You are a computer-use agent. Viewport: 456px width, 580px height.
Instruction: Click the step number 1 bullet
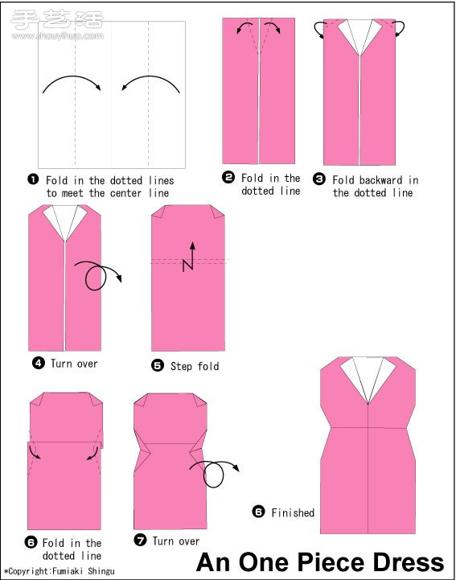[x=33, y=179]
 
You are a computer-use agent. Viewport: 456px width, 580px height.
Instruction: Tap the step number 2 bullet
[x=228, y=177]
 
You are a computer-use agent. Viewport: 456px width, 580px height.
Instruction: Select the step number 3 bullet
[x=318, y=179]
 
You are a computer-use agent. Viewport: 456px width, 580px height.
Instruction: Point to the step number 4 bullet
[x=39, y=364]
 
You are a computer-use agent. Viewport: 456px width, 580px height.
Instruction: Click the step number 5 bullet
[x=158, y=365]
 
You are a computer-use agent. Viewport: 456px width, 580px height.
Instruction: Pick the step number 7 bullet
[x=140, y=541]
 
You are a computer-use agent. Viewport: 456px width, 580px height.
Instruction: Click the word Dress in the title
[x=409, y=562]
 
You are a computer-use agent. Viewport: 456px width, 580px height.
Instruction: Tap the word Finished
[x=293, y=512]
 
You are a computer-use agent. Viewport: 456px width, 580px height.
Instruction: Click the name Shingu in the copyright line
[x=101, y=571]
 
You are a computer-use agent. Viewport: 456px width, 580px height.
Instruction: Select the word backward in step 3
[x=380, y=180]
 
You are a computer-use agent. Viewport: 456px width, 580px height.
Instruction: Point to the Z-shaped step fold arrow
[x=189, y=257]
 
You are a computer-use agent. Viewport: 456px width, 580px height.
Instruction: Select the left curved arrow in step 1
[x=72, y=77]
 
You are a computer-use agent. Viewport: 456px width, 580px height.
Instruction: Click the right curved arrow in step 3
[x=400, y=28]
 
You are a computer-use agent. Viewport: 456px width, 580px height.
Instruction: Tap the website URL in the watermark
[x=58, y=36]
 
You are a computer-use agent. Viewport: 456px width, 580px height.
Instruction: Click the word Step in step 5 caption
[x=181, y=366]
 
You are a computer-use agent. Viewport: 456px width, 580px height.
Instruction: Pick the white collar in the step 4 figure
[x=64, y=222]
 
